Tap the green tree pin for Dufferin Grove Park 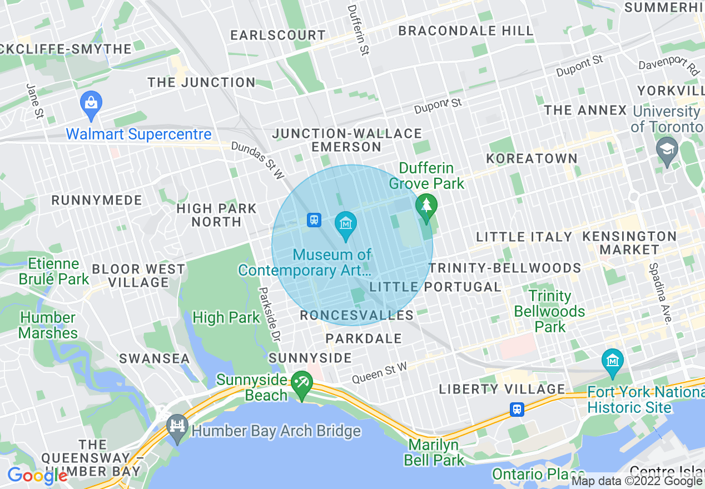426,207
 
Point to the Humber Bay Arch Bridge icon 177,428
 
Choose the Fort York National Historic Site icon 613,362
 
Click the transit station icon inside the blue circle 314,220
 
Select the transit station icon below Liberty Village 517,410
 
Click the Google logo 37,475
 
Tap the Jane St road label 34,101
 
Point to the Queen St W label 380,372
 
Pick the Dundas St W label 257,160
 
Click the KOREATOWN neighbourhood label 532,158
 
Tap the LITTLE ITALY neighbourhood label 524,237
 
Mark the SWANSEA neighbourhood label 155,358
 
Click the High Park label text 226,318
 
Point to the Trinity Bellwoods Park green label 550,311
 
